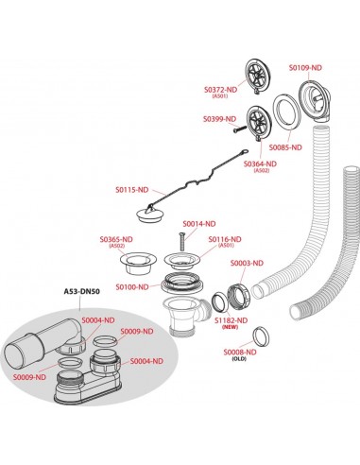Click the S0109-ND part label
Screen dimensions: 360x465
[305, 67]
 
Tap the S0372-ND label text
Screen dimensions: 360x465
[220, 90]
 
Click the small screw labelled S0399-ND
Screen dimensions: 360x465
[239, 129]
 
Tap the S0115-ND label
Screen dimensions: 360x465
[131, 190]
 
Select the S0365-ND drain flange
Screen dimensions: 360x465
[136, 264]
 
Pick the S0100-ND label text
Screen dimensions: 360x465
[132, 287]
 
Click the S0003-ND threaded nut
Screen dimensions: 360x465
[238, 296]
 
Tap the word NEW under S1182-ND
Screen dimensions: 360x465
[231, 327]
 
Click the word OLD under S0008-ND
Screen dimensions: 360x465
[239, 359]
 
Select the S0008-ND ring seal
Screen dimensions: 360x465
[262, 336]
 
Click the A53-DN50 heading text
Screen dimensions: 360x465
[82, 291]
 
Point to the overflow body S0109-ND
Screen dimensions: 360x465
[314, 102]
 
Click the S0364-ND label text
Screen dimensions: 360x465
[261, 164]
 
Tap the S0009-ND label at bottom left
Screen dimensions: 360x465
[29, 377]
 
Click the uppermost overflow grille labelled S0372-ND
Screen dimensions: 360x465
[257, 76]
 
